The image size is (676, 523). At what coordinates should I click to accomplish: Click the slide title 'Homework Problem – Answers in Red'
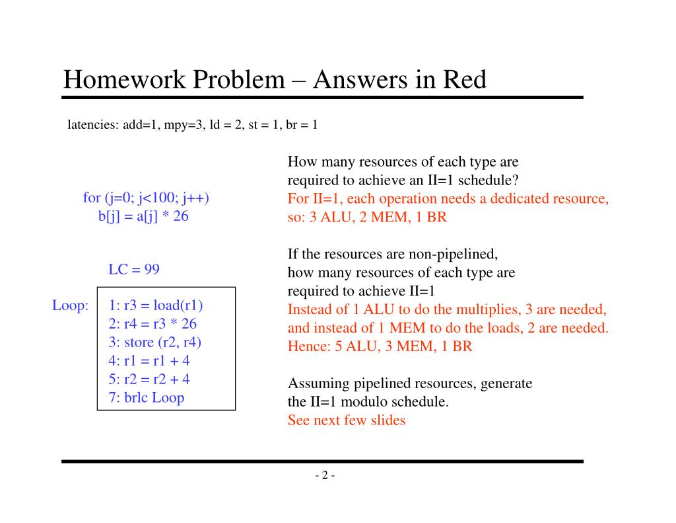coord(275,80)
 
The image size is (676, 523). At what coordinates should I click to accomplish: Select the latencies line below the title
coord(193,124)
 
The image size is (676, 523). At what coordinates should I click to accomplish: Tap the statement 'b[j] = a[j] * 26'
coord(143,216)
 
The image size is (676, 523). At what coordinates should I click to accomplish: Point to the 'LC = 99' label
coord(133,270)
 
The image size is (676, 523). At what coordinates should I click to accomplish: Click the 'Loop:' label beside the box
coord(70,305)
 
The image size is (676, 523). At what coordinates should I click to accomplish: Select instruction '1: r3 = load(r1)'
coord(156,305)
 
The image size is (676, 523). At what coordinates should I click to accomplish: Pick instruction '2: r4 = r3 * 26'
coord(152,324)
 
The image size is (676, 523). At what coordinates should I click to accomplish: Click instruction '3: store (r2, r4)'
coord(154,342)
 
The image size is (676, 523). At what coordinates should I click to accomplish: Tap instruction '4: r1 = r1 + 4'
coord(149,360)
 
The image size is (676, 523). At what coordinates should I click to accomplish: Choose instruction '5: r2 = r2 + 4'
coord(149,379)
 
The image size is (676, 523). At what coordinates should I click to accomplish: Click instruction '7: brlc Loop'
coord(146,397)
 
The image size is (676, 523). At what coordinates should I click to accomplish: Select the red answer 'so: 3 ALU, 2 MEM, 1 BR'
coord(367,217)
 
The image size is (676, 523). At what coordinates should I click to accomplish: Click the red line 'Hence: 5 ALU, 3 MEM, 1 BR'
coord(380,346)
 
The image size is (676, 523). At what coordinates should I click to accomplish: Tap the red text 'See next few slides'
coord(346,420)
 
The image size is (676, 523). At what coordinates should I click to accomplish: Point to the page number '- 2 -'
coord(324,475)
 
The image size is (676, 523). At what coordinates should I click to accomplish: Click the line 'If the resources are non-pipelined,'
coord(392,254)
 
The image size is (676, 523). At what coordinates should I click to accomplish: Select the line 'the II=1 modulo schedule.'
coord(368,401)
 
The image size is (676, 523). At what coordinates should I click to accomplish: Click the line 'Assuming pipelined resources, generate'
coord(409,383)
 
